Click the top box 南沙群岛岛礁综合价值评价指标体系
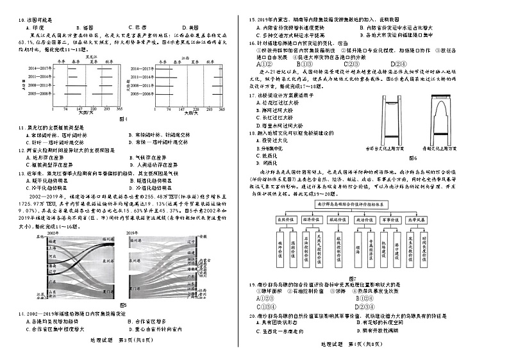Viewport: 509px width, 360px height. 374,202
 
